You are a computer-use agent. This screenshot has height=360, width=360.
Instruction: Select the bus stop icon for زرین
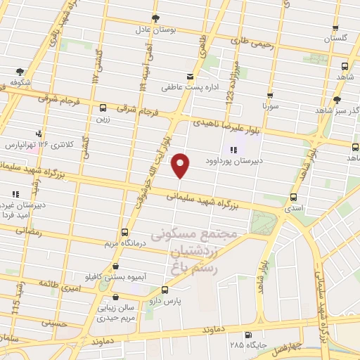click(x=103, y=108)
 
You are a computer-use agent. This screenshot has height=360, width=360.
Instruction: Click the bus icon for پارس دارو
click(x=165, y=288)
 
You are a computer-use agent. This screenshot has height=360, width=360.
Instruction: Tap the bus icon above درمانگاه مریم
click(x=124, y=231)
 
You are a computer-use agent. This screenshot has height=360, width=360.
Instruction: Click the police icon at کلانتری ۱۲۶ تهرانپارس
click(x=39, y=133)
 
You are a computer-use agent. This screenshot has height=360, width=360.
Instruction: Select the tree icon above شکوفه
click(x=19, y=71)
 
